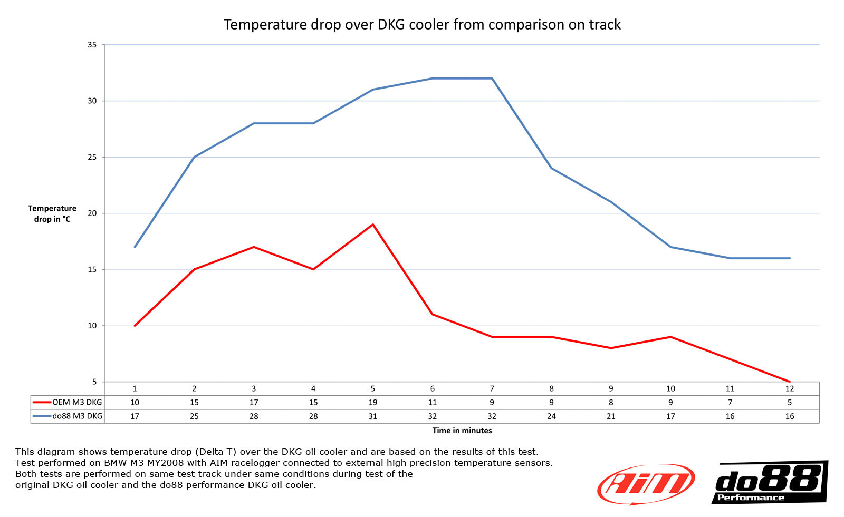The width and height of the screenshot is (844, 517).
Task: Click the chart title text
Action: pos(422,25)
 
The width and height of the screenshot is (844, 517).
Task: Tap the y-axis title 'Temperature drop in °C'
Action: pos(52,214)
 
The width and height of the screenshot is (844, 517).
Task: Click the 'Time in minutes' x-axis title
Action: pos(462,431)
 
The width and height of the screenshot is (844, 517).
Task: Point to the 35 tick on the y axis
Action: pos(92,45)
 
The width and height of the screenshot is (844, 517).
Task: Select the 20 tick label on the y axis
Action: pos(92,213)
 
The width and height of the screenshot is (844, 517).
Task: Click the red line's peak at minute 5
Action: pos(373,225)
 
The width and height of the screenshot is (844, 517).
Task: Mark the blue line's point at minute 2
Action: pos(194,157)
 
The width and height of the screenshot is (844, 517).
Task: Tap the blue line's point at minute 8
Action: pos(551,168)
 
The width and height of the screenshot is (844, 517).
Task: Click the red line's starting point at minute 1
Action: pos(135,326)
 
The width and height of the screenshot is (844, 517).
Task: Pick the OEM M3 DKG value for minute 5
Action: pos(373,403)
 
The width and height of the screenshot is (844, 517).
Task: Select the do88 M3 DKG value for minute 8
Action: pos(551,416)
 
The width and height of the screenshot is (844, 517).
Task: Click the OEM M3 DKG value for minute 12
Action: pos(789,403)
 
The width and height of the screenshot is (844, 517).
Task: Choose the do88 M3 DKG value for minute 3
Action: pos(254,416)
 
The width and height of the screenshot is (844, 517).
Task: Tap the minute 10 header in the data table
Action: pos(670,389)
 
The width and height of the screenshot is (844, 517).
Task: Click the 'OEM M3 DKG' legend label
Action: pos(77,403)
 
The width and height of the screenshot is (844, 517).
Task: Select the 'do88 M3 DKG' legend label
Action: pos(77,416)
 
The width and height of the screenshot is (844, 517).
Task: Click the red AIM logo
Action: pos(646,484)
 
